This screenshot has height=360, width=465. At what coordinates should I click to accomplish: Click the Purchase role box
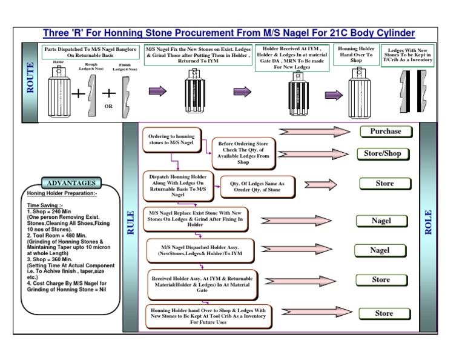[386, 132]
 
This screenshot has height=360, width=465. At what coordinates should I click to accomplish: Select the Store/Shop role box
[382, 153]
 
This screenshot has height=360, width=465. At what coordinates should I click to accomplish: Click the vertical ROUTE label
[31, 82]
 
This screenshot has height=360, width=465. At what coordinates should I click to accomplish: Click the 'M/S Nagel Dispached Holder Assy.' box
[200, 250]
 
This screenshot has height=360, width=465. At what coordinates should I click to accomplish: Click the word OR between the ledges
[109, 105]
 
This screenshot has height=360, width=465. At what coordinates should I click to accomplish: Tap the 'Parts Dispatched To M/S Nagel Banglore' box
[90, 52]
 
